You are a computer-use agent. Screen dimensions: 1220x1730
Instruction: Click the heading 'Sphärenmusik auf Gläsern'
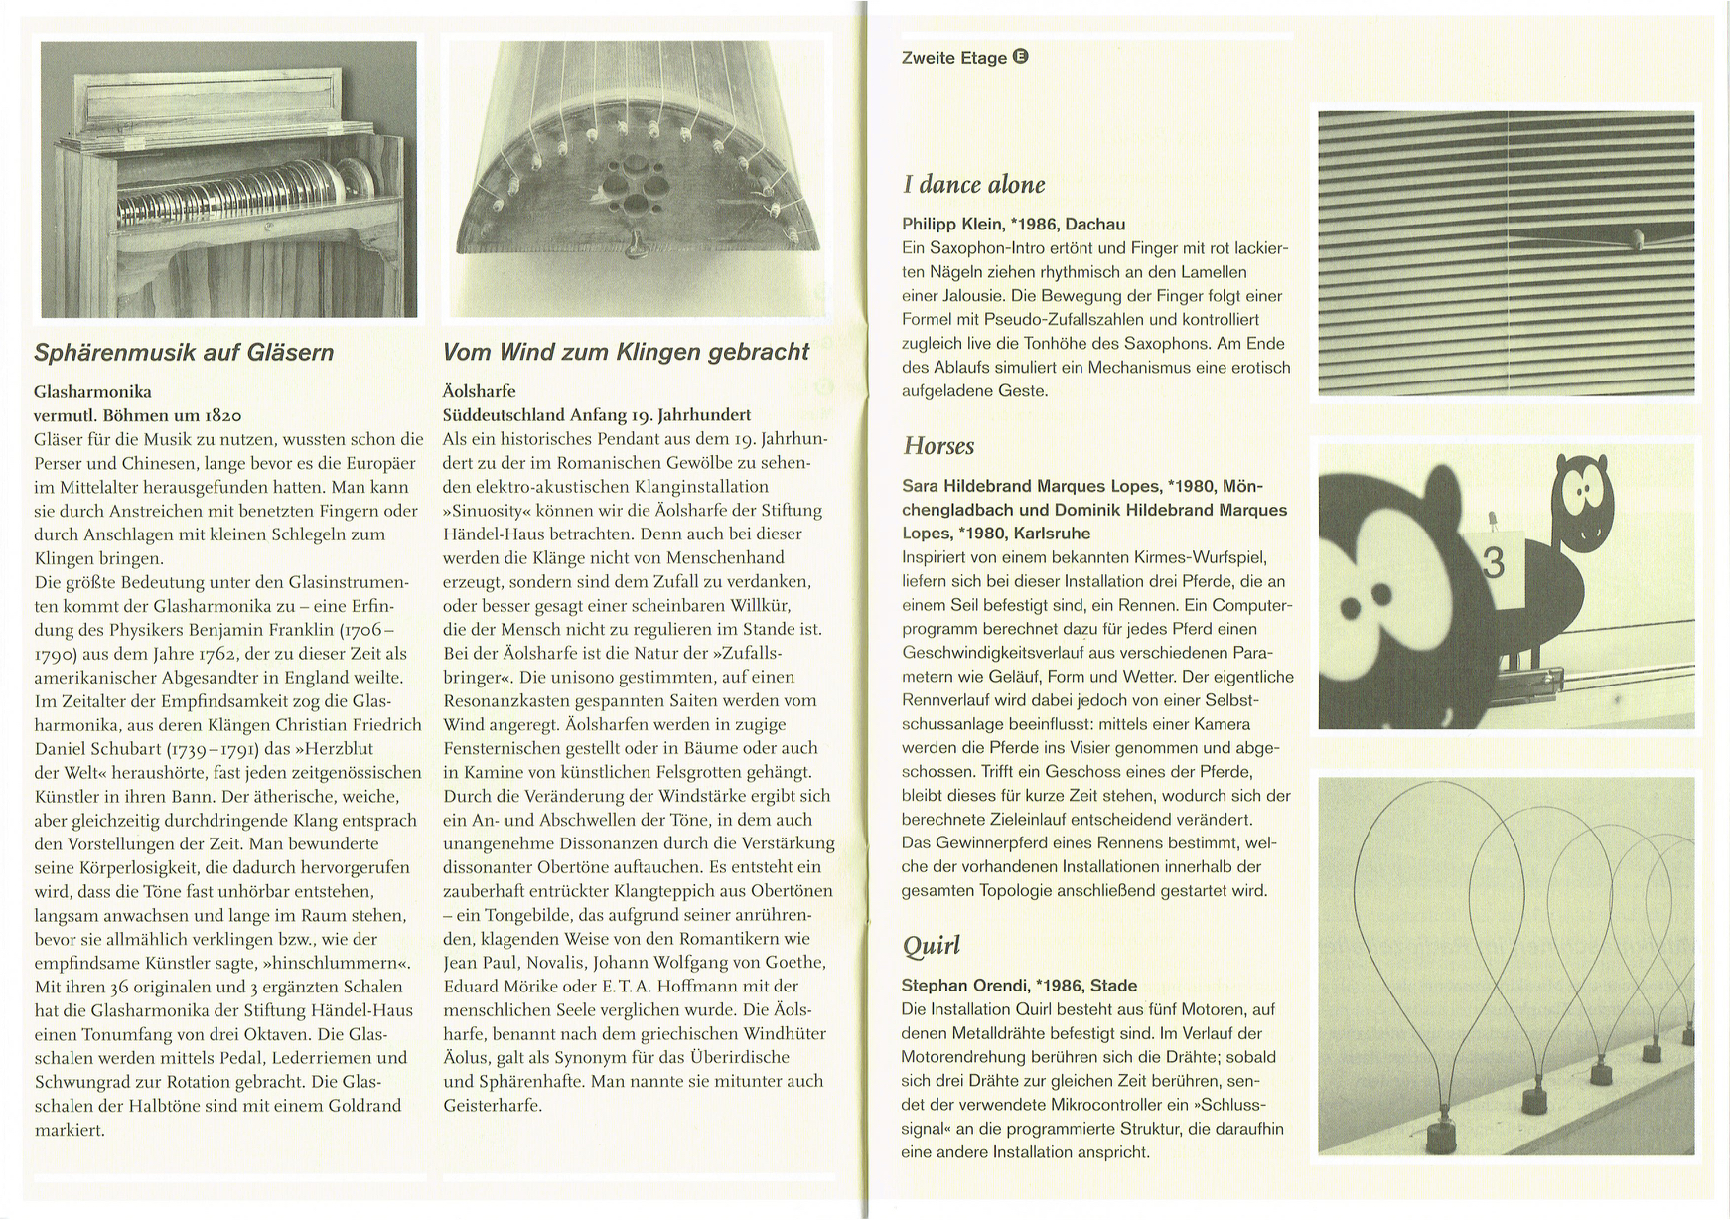[x=184, y=352]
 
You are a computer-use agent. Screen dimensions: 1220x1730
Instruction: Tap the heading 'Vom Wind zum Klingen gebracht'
[x=626, y=352]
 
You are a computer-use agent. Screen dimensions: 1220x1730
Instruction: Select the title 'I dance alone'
[x=973, y=185]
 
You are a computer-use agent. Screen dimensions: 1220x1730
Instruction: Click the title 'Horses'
[x=938, y=446]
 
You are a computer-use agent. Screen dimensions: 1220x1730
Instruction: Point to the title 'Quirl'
[x=931, y=945]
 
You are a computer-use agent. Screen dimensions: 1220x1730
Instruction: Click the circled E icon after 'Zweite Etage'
[x=1021, y=57]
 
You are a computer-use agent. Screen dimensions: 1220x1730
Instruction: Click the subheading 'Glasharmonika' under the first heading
[x=92, y=391]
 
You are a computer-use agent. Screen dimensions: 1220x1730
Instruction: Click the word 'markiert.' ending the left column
[x=70, y=1129]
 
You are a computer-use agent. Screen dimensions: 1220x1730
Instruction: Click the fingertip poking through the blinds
[x=1636, y=238]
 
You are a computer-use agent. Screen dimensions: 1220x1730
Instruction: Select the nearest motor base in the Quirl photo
[x=1441, y=1132]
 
